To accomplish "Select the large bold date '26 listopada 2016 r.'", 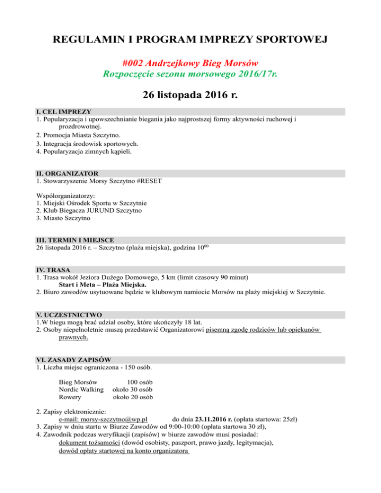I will [x=190, y=95].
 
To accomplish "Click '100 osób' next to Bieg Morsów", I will [x=139, y=382].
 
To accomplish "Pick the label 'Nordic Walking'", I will [x=81, y=390].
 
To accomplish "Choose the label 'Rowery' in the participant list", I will [x=70, y=397].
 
